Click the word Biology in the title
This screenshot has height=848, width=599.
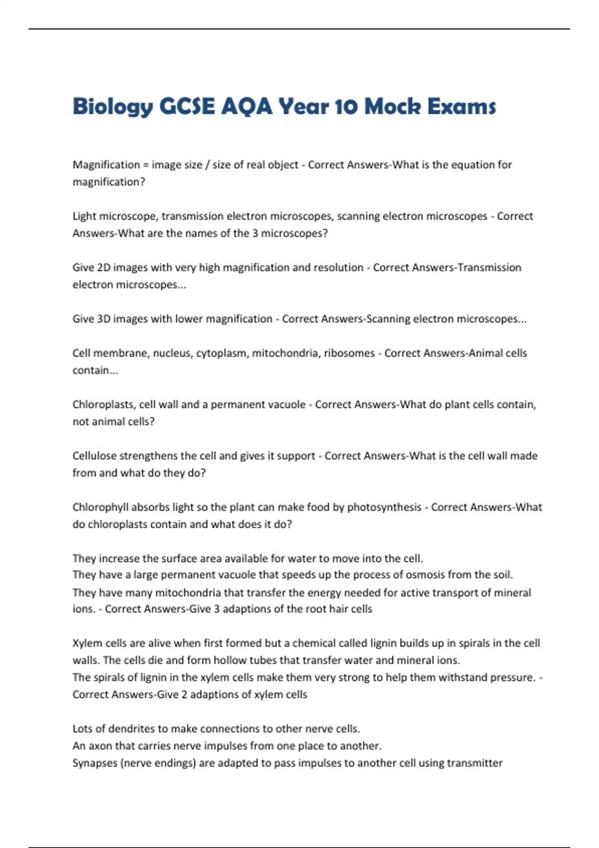click(x=112, y=107)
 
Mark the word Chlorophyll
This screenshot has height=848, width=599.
click(x=100, y=507)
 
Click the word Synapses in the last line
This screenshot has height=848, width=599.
click(x=94, y=763)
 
